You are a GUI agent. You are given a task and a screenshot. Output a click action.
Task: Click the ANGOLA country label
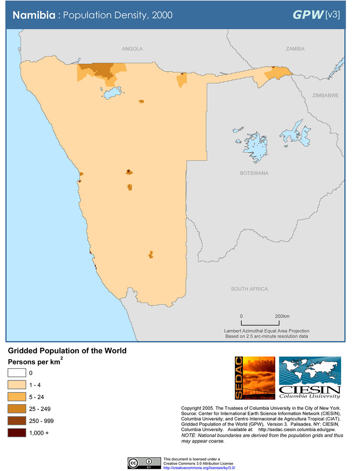pos(132,49)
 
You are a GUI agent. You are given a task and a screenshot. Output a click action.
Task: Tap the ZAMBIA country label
pos(295,49)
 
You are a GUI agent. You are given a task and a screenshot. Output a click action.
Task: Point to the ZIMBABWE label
pos(325,96)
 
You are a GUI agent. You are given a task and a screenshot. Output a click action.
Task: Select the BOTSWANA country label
pos(254,173)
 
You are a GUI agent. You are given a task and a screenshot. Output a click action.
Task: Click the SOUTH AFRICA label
pos(249,289)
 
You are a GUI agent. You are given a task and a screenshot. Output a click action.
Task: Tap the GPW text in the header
pos(308,15)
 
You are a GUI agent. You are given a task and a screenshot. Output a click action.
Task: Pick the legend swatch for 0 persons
pos(17,373)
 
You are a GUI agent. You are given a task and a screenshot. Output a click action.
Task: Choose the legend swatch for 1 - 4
pos(17,385)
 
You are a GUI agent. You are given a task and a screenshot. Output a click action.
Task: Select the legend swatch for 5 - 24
pos(17,397)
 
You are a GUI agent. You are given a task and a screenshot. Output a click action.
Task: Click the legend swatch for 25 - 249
pos(17,409)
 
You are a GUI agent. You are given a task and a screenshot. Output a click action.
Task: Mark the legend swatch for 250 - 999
pos(17,421)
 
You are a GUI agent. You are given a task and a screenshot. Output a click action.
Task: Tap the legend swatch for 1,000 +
pos(17,433)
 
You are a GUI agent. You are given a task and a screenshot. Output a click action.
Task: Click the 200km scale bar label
pos(282,316)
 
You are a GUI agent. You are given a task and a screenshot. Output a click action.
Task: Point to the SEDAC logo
pos(255,378)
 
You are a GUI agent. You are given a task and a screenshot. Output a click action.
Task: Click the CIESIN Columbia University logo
pos(310,378)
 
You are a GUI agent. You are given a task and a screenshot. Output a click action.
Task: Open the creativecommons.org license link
pos(199,467)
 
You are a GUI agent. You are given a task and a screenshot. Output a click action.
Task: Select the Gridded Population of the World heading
pos(67,351)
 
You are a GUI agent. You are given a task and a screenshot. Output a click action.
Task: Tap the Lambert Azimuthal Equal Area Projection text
pos(267,331)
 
